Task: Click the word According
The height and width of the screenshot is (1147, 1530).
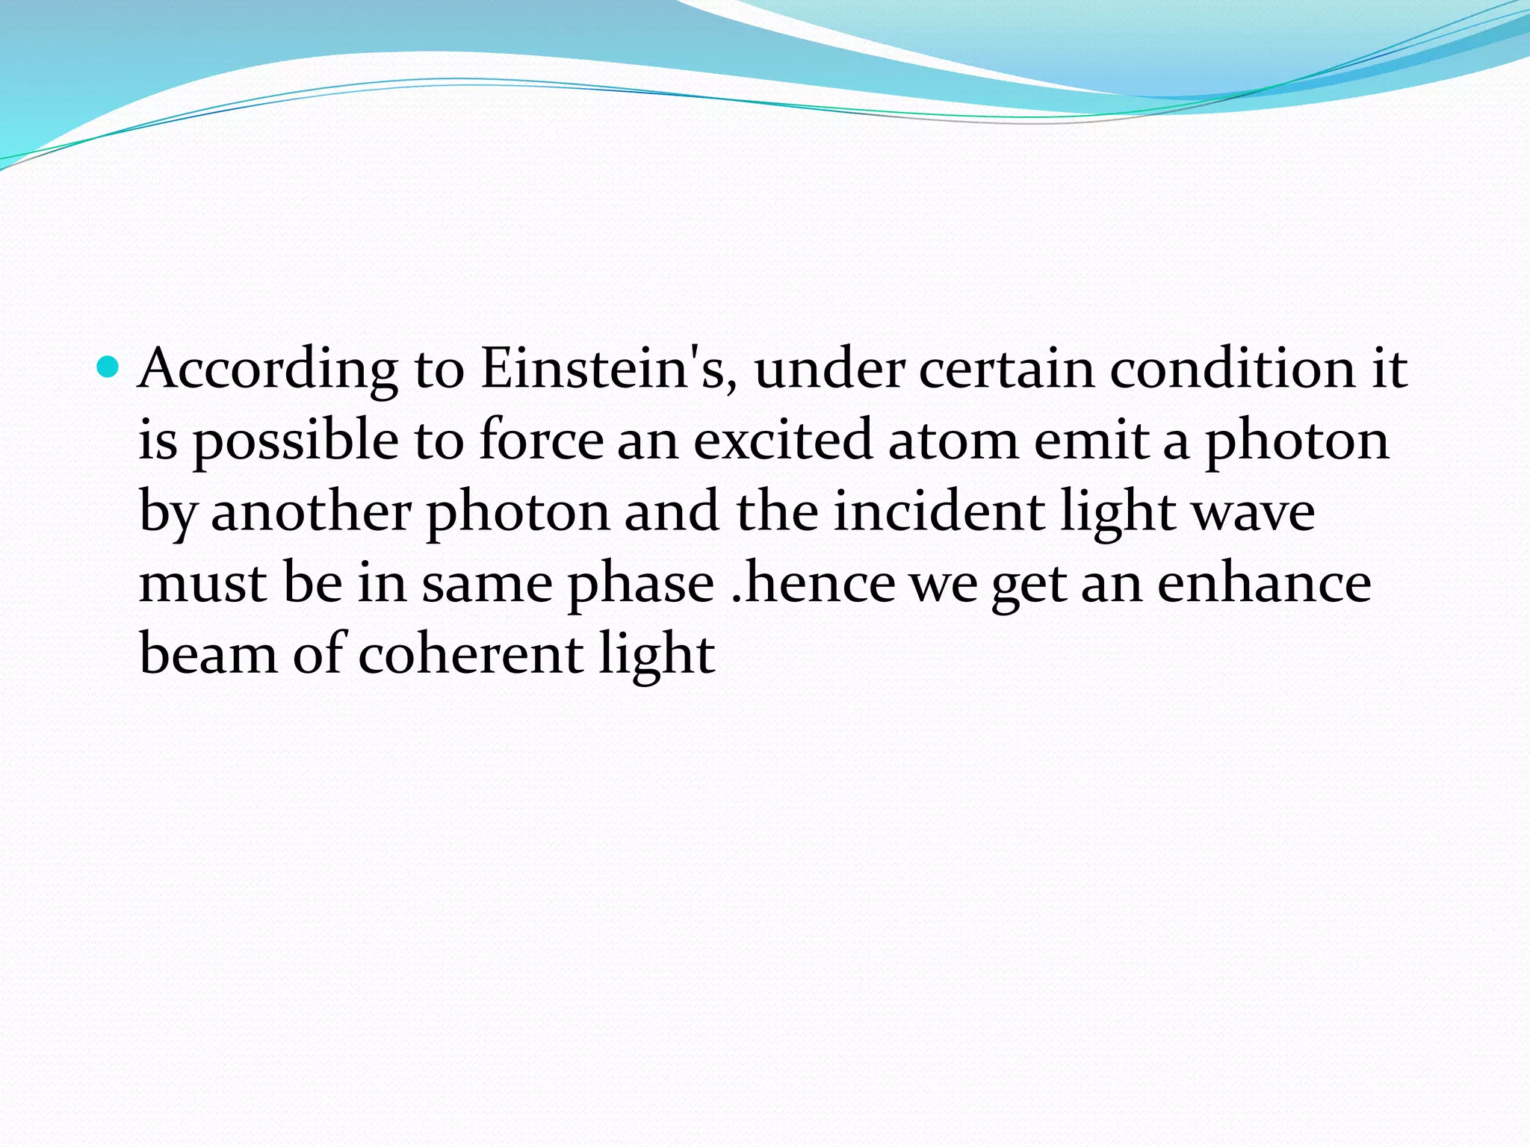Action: pyautogui.click(x=268, y=370)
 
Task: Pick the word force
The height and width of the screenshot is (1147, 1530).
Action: pyautogui.click(x=542, y=440)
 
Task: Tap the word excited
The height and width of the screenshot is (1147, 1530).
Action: pyautogui.click(x=783, y=440)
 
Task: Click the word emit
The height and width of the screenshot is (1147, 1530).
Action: pyautogui.click(x=1091, y=440)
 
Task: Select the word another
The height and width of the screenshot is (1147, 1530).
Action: pyautogui.click(x=311, y=512)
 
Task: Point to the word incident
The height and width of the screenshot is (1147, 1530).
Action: pyautogui.click(x=939, y=512)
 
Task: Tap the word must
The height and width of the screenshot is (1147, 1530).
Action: pyautogui.click(x=202, y=583)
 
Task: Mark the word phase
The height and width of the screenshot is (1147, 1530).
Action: pyautogui.click(x=641, y=585)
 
